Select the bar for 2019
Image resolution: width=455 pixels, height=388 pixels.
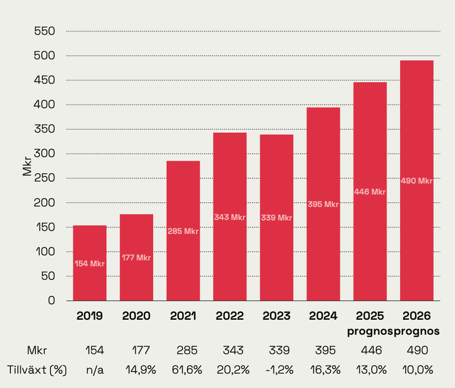pyautogui.click(x=90, y=263)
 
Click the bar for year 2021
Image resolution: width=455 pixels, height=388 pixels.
pyautogui.click(x=183, y=231)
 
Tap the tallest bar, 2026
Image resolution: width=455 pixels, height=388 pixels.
pyautogui.click(x=416, y=180)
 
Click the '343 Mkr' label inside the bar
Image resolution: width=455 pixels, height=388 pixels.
pyautogui.click(x=230, y=217)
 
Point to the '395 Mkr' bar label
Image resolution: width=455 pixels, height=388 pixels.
pyautogui.click(x=324, y=204)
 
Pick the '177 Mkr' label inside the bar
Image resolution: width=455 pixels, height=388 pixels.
pyautogui.click(x=136, y=257)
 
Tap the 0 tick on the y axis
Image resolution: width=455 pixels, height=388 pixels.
pyautogui.click(x=52, y=300)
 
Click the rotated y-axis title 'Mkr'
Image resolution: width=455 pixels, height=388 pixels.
pyautogui.click(x=27, y=166)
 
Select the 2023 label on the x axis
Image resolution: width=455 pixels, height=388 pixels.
pyautogui.click(x=277, y=316)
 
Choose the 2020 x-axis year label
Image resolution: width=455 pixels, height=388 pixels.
pyautogui.click(x=136, y=316)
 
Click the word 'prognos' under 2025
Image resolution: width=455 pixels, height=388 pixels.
pyautogui.click(x=370, y=330)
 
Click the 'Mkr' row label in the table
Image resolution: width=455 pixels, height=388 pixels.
pyautogui.click(x=36, y=350)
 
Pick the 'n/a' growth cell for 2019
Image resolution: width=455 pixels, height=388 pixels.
pyautogui.click(x=90, y=369)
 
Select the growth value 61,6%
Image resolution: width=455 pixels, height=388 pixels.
pyautogui.click(x=183, y=369)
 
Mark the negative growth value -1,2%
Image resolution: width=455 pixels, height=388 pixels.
pyautogui.click(x=277, y=369)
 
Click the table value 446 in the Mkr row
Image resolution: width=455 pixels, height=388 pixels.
pyautogui.click(x=370, y=350)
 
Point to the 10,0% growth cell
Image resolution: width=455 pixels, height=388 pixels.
pyautogui.click(x=417, y=369)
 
